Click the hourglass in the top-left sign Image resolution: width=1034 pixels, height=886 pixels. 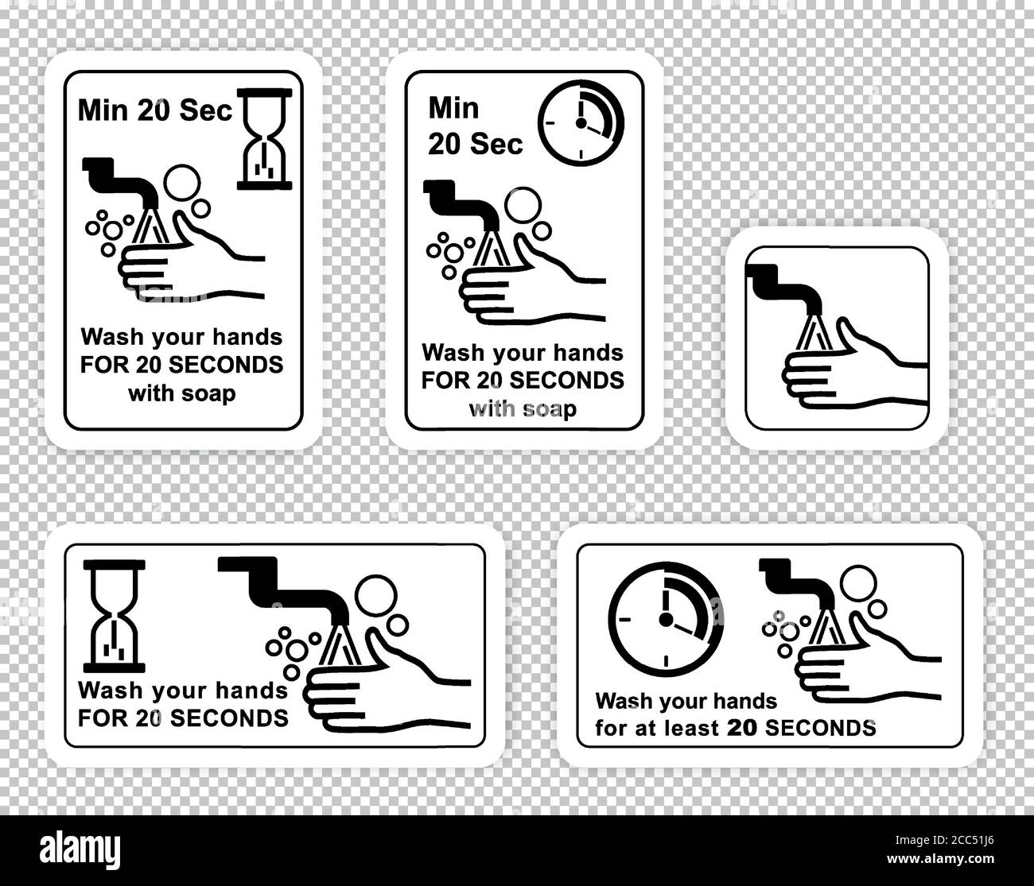(265, 139)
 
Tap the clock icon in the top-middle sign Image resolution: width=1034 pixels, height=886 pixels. (581, 124)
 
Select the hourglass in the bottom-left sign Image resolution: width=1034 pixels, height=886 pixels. (115, 611)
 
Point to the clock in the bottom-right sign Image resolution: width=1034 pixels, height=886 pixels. (666, 618)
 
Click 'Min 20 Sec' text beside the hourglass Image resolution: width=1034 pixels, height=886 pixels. (155, 110)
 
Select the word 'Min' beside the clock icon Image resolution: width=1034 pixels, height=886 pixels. (453, 107)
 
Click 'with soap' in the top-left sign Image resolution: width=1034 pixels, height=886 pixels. (182, 393)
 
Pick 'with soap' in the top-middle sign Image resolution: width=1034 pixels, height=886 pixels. (523, 408)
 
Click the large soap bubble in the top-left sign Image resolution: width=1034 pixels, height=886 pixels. (181, 180)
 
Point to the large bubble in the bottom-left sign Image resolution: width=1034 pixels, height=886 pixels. (375, 594)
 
